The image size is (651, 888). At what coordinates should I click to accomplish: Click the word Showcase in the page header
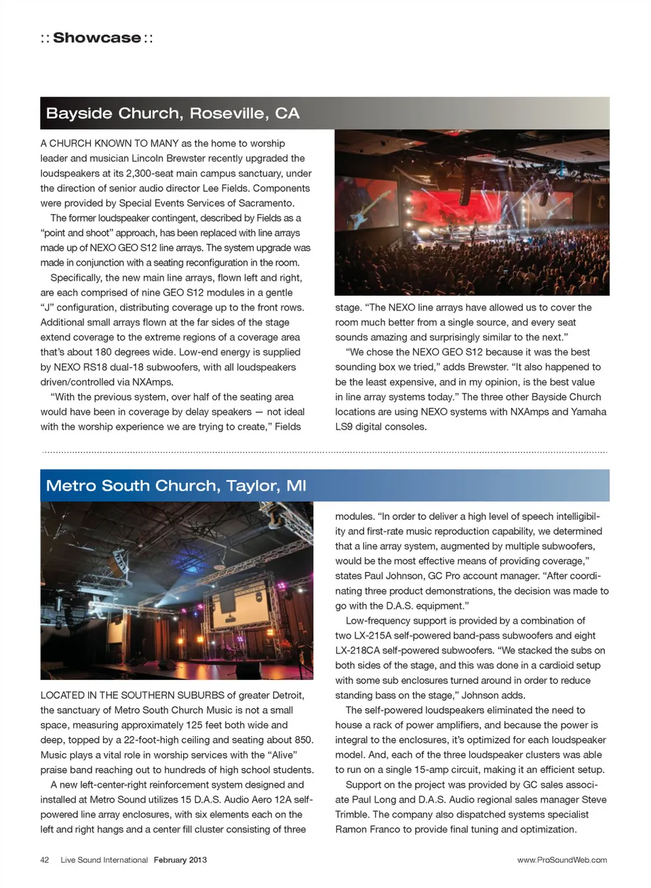[x=97, y=38]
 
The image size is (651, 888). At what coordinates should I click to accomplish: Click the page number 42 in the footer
[x=45, y=860]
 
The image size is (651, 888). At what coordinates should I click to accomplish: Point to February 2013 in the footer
[x=180, y=860]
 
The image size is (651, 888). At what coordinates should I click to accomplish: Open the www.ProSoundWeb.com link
[x=561, y=860]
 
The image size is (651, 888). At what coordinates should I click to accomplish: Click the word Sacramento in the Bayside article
[x=267, y=203]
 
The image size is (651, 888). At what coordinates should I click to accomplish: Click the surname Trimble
[x=352, y=815]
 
